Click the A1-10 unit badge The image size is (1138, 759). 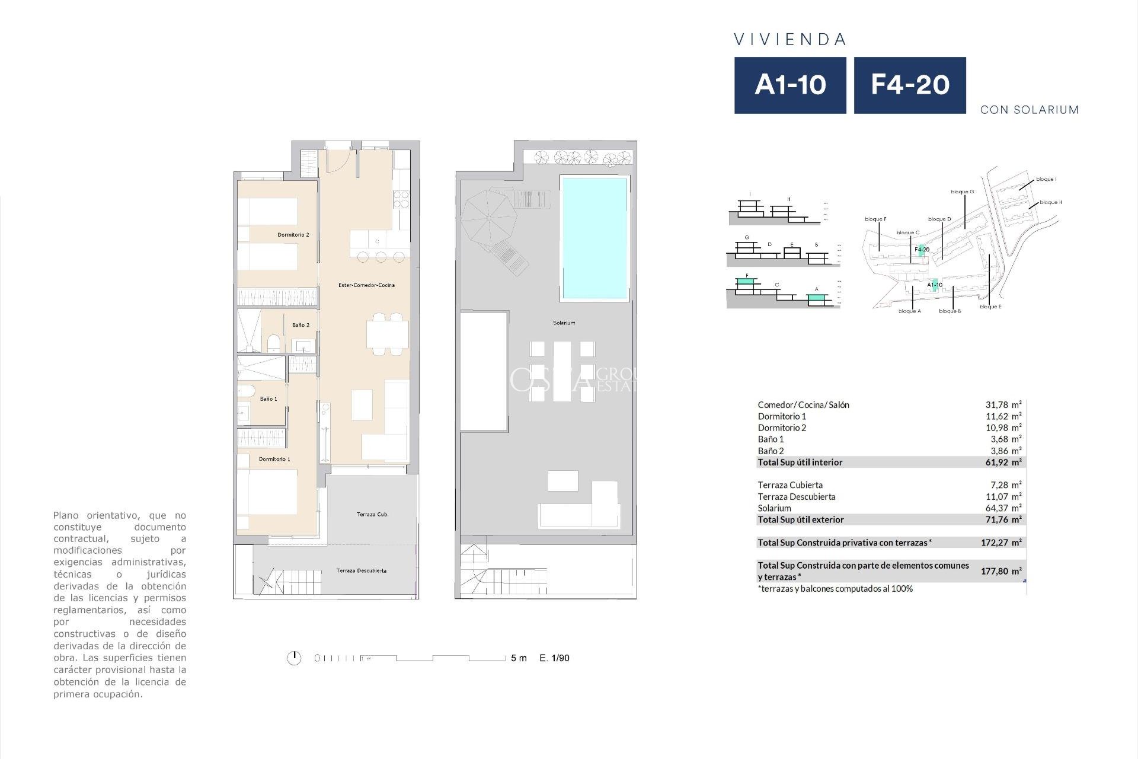pos(790,85)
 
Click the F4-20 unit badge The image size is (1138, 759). pos(910,85)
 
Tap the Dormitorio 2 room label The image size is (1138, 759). pos(293,235)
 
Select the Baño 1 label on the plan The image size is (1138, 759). pos(268,399)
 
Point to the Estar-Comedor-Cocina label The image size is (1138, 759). pos(366,285)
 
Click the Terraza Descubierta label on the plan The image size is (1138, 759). pos(361,571)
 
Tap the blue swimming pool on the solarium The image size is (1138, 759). pos(594,238)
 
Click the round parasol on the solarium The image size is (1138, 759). pos(488,218)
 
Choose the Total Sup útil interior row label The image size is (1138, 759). pos(800,463)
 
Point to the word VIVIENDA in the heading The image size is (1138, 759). pos(790,40)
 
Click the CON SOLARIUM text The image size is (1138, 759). pos(1030,110)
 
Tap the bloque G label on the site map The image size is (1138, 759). pos(962,192)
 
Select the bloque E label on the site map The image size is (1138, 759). pos(990,307)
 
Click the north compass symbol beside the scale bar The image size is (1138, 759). pos(294,658)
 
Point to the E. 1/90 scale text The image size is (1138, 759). pos(554,658)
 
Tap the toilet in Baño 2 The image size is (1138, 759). pos(274,344)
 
